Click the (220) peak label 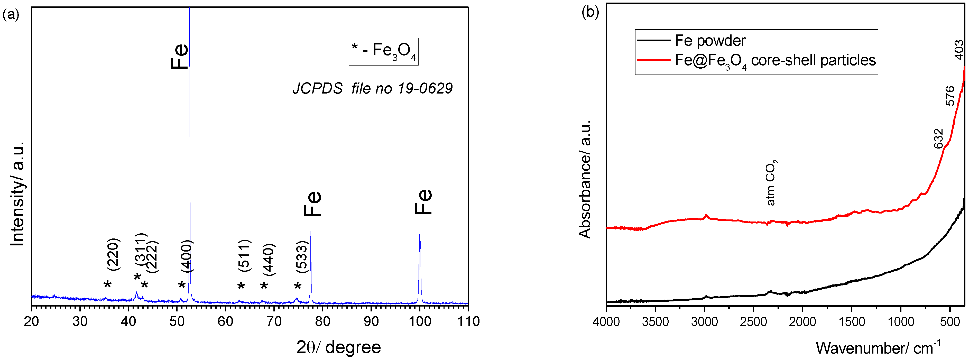113,254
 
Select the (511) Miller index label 244,255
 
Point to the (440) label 269,260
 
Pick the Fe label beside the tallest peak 179,57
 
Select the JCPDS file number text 372,88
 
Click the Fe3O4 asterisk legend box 383,52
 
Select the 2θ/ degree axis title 339,347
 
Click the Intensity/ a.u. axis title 17,194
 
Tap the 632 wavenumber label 938,139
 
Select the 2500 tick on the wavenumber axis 753,322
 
